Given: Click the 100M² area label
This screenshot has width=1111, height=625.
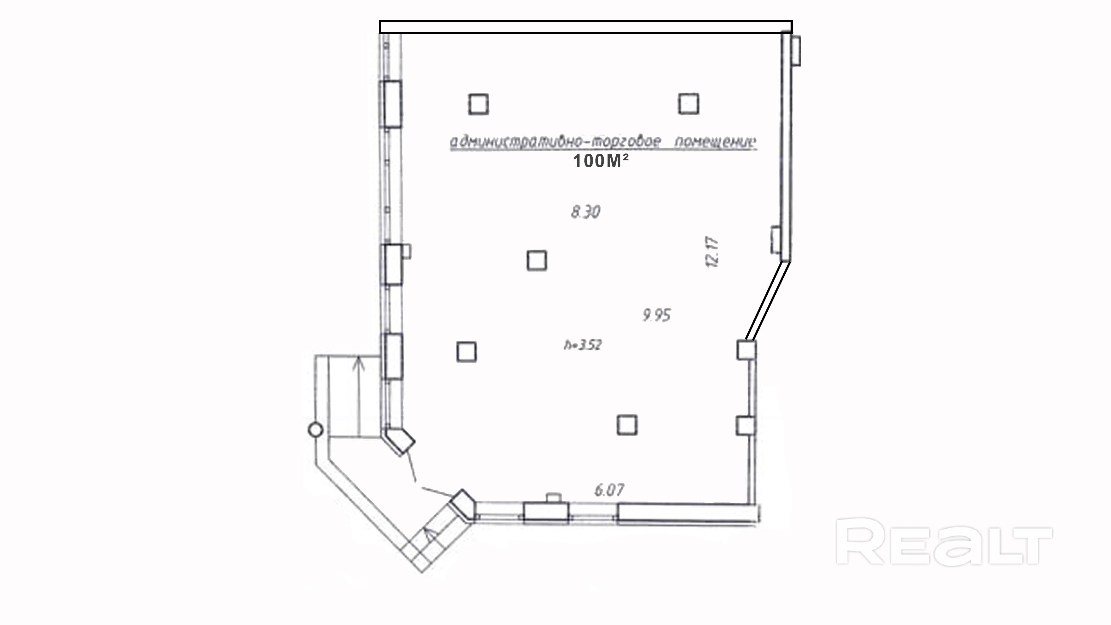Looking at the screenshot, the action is [x=600, y=161].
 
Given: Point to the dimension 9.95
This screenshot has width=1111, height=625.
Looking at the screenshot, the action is [x=656, y=315].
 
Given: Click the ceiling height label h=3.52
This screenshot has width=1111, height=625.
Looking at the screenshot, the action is [x=583, y=345].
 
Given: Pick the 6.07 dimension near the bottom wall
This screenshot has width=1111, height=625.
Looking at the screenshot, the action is [x=609, y=490].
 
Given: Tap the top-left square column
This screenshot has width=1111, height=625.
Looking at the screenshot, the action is [x=478, y=104].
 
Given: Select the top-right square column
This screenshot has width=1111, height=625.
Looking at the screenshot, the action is [x=688, y=104].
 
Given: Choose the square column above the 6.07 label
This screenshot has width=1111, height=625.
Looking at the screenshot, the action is [x=627, y=425].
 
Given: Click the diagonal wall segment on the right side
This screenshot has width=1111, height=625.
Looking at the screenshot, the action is [x=768, y=301].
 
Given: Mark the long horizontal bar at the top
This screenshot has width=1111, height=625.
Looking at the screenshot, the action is [x=586, y=27].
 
